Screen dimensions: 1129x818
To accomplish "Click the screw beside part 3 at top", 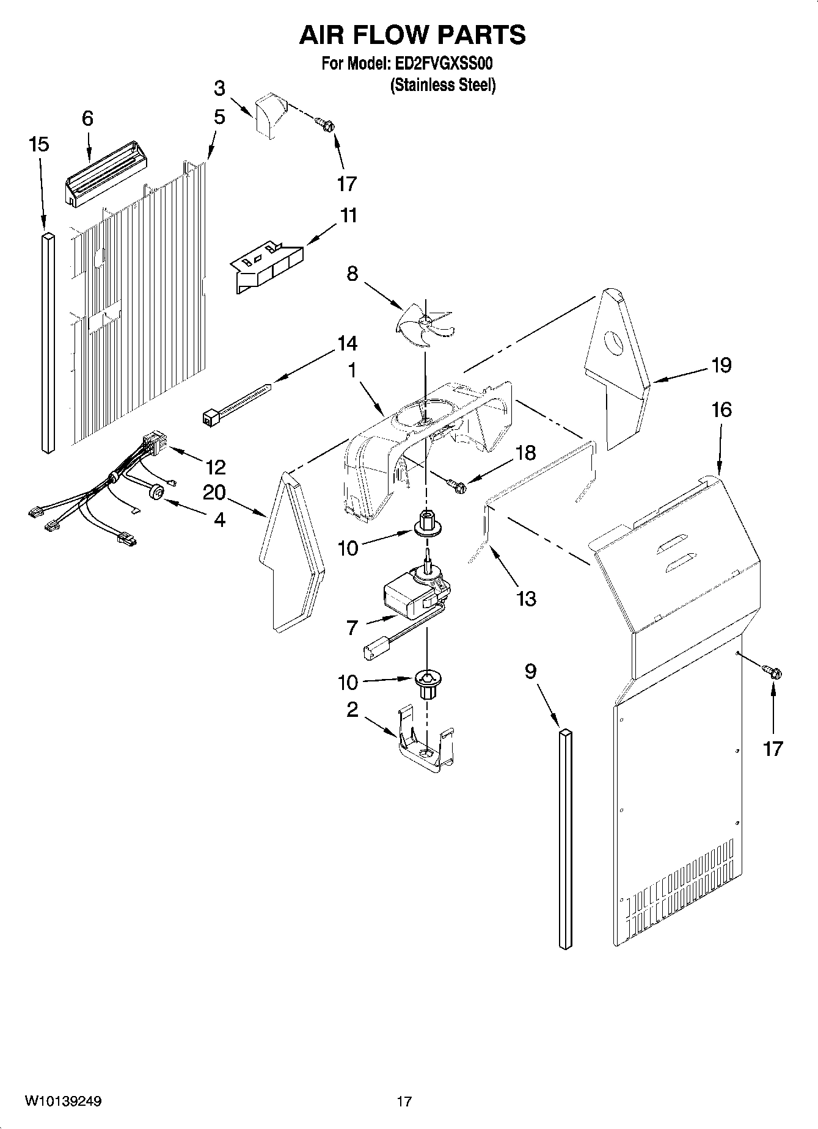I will [325, 124].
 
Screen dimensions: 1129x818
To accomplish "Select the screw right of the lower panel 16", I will [772, 672].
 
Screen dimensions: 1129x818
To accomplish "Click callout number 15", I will [38, 145].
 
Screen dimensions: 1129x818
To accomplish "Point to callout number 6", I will [87, 118].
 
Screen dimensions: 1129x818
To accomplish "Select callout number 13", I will [526, 598].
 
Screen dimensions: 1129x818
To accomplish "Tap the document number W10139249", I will [63, 1102].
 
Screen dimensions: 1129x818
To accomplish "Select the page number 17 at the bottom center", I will [404, 1102].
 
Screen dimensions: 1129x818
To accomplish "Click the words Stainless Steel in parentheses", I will [442, 85].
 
